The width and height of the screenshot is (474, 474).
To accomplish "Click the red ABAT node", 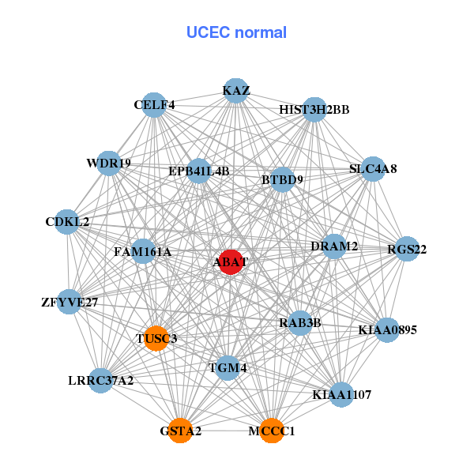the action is pyautogui.click(x=230, y=262).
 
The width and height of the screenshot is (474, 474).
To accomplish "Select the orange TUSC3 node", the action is pyautogui.click(x=156, y=338).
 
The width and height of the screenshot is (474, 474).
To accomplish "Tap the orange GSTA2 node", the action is pyautogui.click(x=180, y=431).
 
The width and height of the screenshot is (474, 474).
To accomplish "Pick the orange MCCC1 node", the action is pyautogui.click(x=272, y=431).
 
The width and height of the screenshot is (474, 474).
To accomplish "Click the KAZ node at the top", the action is pyautogui.click(x=235, y=91).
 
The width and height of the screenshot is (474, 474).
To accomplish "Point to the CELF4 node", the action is pyautogui.click(x=154, y=104).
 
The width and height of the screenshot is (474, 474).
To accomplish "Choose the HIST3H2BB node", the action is pyautogui.click(x=314, y=109).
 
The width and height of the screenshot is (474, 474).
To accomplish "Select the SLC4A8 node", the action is pyautogui.click(x=372, y=169).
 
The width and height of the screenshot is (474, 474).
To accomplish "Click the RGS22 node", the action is pyautogui.click(x=407, y=250).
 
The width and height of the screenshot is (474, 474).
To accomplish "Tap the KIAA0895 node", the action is pyautogui.click(x=387, y=329).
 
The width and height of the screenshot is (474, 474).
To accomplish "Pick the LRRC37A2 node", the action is pyautogui.click(x=101, y=381).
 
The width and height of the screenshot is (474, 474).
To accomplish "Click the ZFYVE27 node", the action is pyautogui.click(x=70, y=302).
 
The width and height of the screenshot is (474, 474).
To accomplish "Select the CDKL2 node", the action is pyautogui.click(x=68, y=222).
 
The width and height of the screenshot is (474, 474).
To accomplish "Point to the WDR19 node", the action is pyautogui.click(x=109, y=164).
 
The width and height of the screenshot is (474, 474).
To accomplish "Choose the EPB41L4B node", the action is pyautogui.click(x=199, y=171).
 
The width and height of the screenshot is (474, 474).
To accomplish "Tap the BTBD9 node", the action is pyautogui.click(x=282, y=180).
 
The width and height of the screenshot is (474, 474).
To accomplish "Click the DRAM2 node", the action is pyautogui.click(x=334, y=246).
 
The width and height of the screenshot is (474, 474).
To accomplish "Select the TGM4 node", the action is pyautogui.click(x=228, y=367).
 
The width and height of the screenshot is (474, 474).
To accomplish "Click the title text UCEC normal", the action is pyautogui.click(x=236, y=32).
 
